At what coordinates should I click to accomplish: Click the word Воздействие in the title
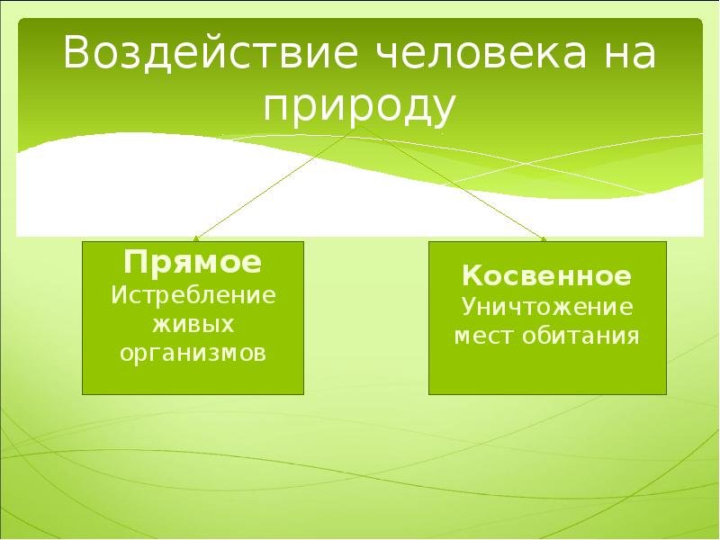click(210, 52)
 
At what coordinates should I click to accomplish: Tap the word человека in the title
click(481, 52)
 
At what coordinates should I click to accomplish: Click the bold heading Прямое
click(193, 262)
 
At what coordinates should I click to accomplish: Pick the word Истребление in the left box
click(193, 295)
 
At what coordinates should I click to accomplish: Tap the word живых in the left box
click(193, 324)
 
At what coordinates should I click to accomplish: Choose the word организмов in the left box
click(193, 354)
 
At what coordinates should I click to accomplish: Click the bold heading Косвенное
click(547, 275)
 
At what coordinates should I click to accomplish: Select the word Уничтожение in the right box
click(547, 307)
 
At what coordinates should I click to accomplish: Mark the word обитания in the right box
click(580, 336)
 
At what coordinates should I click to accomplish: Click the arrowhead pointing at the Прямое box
click(196, 238)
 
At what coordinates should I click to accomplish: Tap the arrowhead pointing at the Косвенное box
click(544, 238)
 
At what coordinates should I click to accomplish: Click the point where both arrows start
click(359, 126)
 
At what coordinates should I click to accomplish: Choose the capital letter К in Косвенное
click(473, 275)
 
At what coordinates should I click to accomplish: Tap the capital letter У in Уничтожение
click(471, 307)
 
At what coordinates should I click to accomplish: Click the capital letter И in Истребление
click(120, 295)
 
